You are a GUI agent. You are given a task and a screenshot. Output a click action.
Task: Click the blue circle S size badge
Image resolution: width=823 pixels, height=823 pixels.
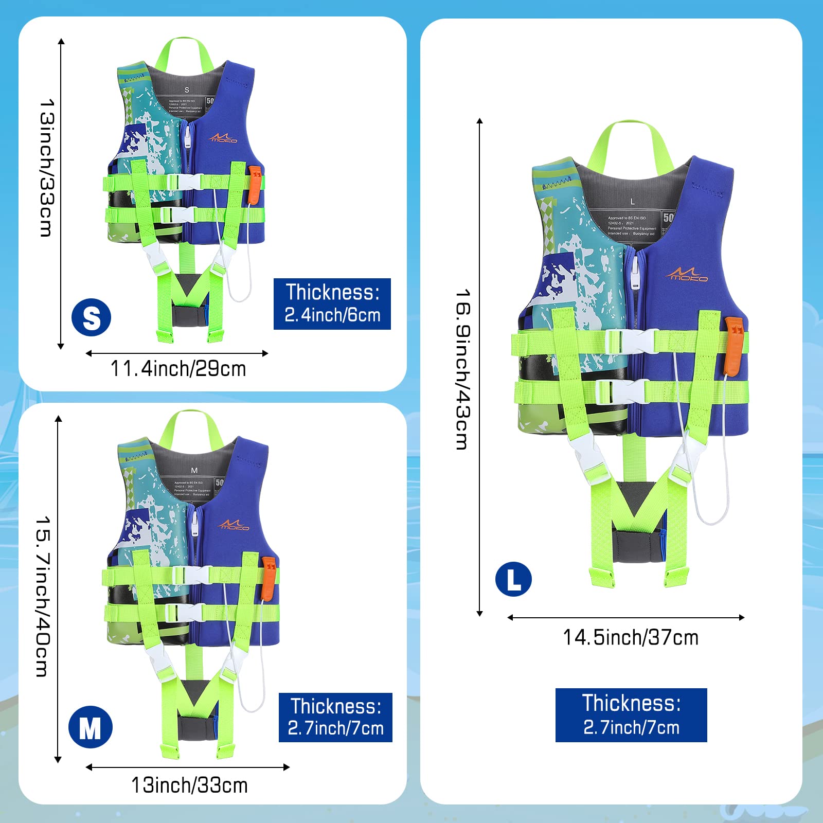pyautogui.click(x=92, y=317)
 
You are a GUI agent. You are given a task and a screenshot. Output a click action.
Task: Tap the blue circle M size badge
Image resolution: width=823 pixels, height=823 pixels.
pyautogui.click(x=91, y=727)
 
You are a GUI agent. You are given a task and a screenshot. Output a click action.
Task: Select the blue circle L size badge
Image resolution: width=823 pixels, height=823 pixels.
pyautogui.click(x=513, y=579)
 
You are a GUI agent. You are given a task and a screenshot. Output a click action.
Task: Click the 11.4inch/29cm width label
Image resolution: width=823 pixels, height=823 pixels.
pyautogui.click(x=178, y=369)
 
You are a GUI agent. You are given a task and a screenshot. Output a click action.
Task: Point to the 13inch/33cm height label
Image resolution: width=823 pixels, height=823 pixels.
pyautogui.click(x=47, y=168)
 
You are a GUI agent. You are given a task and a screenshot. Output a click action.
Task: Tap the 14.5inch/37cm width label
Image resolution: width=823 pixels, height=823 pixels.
pyautogui.click(x=631, y=637)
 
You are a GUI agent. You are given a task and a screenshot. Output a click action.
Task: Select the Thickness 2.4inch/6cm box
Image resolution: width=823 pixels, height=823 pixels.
pyautogui.click(x=332, y=303)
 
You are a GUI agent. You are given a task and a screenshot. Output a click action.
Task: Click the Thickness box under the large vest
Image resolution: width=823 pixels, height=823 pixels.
pyautogui.click(x=631, y=715)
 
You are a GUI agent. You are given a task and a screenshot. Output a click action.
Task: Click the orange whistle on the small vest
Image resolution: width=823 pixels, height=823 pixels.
pyautogui.click(x=255, y=184)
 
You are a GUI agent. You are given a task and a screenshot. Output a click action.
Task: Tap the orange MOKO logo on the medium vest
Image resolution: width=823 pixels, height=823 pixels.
pyautogui.click(x=234, y=525)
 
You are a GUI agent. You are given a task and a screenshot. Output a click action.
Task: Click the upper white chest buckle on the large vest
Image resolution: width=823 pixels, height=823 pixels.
pyautogui.click(x=631, y=341)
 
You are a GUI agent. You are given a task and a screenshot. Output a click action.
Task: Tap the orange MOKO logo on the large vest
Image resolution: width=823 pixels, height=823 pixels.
pyautogui.click(x=688, y=275)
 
